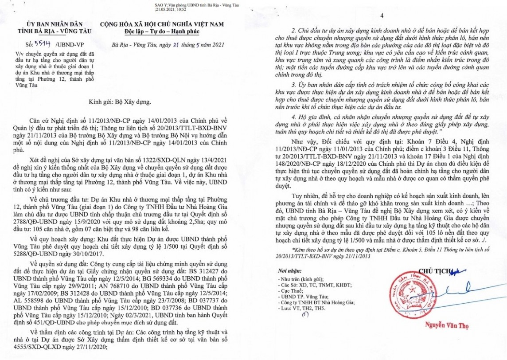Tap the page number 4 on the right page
pyautogui.click(x=381, y=16)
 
